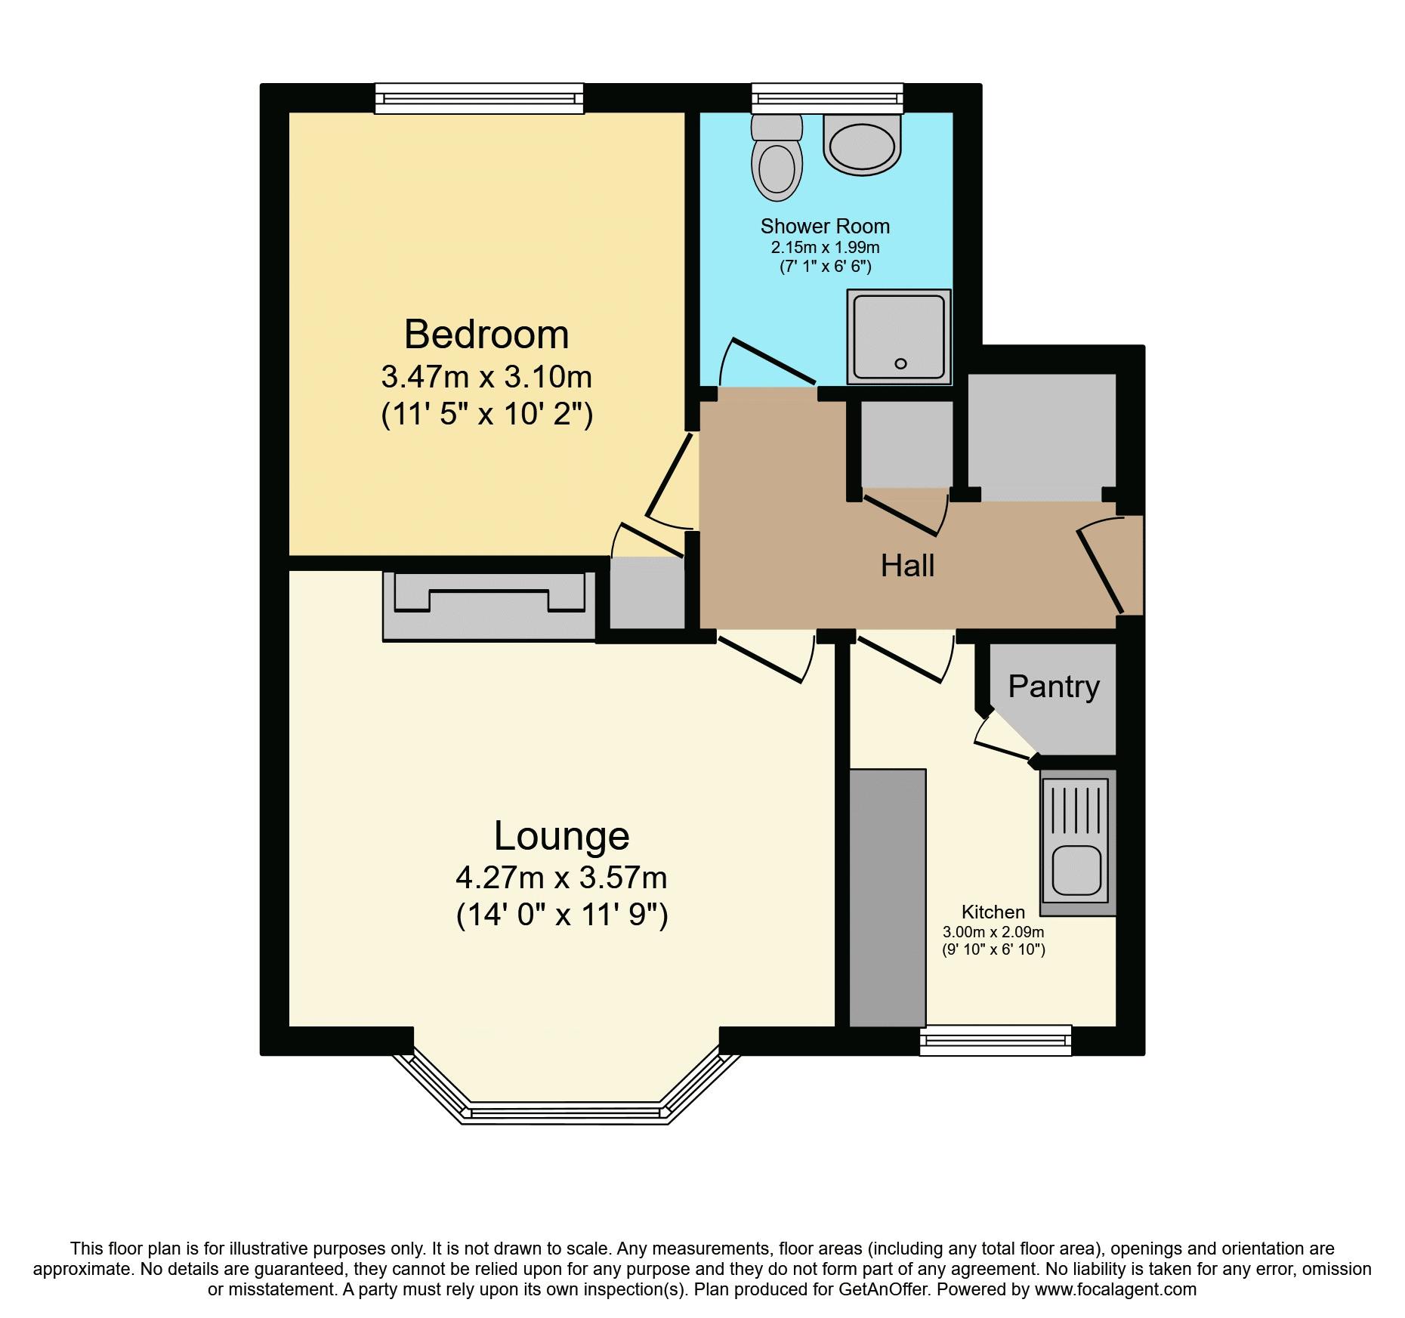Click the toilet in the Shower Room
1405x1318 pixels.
point(777,159)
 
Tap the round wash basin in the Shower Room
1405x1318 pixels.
point(862,144)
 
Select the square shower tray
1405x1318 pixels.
point(898,337)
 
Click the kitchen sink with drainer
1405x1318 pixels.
point(1078,841)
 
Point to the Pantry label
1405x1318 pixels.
point(1053,687)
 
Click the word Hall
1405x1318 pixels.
point(907,566)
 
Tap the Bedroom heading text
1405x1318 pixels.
point(486,335)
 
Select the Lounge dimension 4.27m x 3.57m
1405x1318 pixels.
point(561,878)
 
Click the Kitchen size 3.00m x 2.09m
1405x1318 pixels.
point(993,932)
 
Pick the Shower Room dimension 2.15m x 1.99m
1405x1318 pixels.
point(825,248)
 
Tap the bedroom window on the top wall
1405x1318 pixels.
point(480,98)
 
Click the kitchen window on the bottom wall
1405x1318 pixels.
point(996,1040)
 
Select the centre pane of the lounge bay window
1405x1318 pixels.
point(565,1112)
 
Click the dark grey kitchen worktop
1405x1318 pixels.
point(888,898)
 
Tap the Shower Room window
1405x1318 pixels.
point(827,97)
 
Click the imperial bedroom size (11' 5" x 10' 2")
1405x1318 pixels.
point(486,415)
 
